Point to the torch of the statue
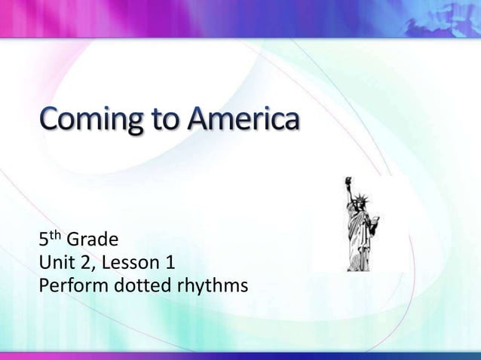pyautogui.click(x=348, y=182)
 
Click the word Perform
pyautogui.click(x=72, y=287)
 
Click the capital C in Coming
pyautogui.click(x=52, y=119)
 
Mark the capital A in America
pyautogui.click(x=202, y=118)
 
